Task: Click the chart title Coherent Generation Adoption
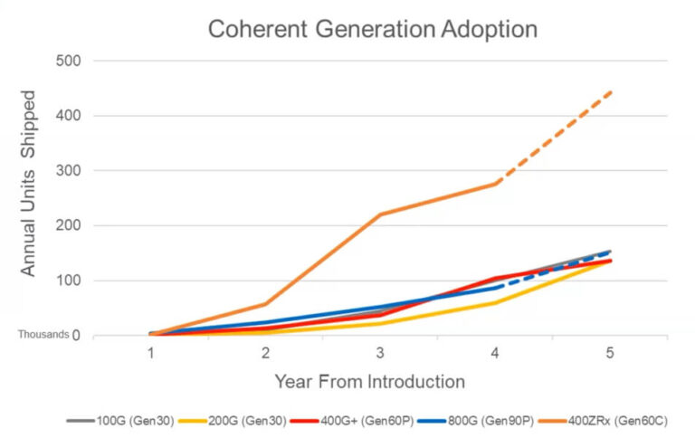pos(373,29)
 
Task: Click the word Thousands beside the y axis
pos(43,334)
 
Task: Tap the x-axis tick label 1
pos(150,353)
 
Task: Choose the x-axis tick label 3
pos(380,353)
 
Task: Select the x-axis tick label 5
pos(610,353)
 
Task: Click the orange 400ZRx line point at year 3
pos(380,214)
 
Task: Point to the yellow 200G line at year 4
pos(495,302)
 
